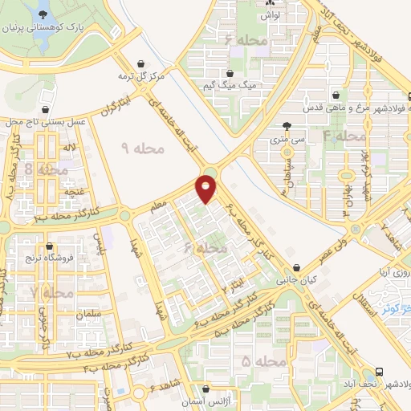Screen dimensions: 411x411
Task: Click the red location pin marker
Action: pyautogui.click(x=207, y=189)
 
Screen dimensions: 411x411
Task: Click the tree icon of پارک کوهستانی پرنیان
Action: pyautogui.click(x=42, y=13)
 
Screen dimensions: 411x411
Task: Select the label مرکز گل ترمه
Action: pyautogui.click(x=143, y=76)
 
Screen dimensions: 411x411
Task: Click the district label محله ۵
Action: pyautogui.click(x=263, y=361)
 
